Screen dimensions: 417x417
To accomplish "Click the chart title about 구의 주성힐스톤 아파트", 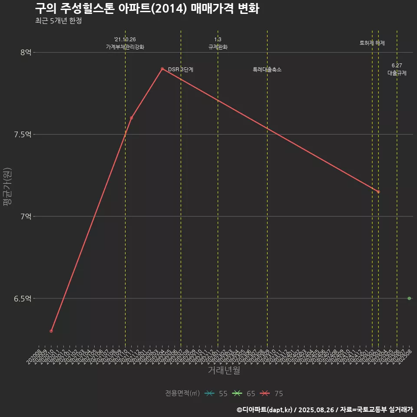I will [x=147, y=8].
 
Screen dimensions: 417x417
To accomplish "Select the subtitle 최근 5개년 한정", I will [x=58, y=21].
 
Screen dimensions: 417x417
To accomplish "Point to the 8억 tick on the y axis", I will [x=26, y=52].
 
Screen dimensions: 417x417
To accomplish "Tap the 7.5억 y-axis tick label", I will [x=23, y=134].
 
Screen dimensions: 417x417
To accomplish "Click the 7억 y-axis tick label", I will [x=26, y=216].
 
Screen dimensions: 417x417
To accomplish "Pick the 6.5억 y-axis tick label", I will [x=23, y=298].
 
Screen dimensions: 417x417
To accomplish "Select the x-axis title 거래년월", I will [x=224, y=371].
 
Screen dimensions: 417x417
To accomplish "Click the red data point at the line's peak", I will [x=162, y=69].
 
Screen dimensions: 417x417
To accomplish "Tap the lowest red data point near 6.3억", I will [x=51, y=331].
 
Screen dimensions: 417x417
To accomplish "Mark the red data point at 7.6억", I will [x=131, y=118].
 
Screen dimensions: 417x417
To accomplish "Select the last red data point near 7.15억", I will [x=378, y=192].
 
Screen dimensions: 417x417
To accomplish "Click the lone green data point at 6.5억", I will [x=409, y=298].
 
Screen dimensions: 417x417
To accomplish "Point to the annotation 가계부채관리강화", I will [x=125, y=47].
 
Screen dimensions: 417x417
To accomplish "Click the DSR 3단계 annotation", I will [x=181, y=69].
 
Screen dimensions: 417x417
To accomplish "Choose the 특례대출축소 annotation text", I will [x=267, y=69].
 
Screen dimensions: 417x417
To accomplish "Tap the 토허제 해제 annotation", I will [x=372, y=43].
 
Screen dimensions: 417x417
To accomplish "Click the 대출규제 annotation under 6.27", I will [x=397, y=73].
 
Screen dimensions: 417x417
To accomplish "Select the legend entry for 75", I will [x=271, y=394].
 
